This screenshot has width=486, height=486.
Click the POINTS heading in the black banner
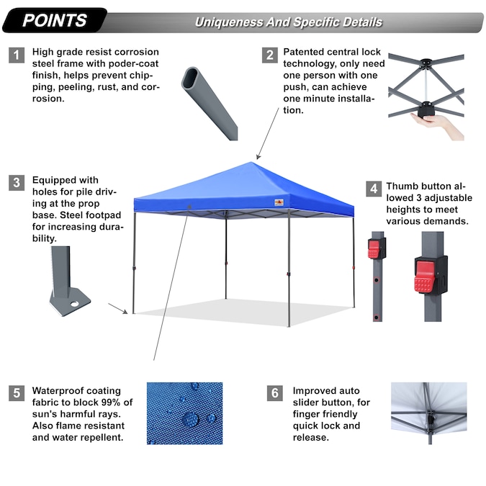[55, 20]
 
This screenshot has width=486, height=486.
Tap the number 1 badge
[17, 55]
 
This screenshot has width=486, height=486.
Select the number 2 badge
[269, 55]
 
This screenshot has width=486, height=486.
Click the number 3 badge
[17, 183]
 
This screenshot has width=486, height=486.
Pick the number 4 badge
[373, 189]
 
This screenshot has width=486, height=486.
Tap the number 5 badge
[17, 394]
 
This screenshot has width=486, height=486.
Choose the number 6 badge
[274, 394]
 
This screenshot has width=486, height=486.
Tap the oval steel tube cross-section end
[192, 78]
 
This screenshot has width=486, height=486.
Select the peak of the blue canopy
[255, 163]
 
